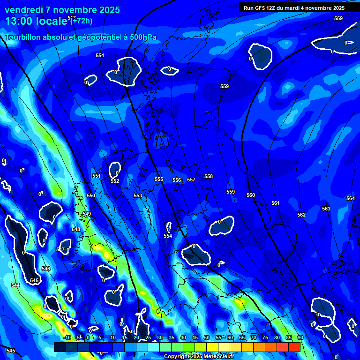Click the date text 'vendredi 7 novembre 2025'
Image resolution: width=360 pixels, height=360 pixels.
(x=62, y=10)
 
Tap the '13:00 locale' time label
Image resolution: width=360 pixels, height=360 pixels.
(x=37, y=21)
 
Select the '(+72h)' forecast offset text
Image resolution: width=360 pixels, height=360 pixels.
(x=82, y=21)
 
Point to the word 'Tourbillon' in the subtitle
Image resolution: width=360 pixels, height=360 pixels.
(x=27, y=37)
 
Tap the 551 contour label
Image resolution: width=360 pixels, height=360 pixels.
(x=96, y=176)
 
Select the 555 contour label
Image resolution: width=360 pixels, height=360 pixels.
(x=159, y=180)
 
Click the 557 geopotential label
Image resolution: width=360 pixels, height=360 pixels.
(x=191, y=180)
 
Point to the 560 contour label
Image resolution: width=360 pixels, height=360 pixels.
(x=251, y=195)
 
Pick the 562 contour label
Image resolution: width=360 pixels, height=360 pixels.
(x=301, y=215)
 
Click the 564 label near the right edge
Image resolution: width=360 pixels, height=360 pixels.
(x=350, y=199)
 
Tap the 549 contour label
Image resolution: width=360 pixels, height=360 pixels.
(x=87, y=214)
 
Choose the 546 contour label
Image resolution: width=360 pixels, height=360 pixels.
(x=45, y=269)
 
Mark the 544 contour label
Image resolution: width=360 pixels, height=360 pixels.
(x=15, y=285)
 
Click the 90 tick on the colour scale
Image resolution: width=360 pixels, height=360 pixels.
(x=300, y=337)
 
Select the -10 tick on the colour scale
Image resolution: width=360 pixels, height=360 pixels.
(x=67, y=337)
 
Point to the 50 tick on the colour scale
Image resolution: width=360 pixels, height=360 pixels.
(x=206, y=337)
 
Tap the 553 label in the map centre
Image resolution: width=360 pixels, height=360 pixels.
(x=137, y=196)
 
